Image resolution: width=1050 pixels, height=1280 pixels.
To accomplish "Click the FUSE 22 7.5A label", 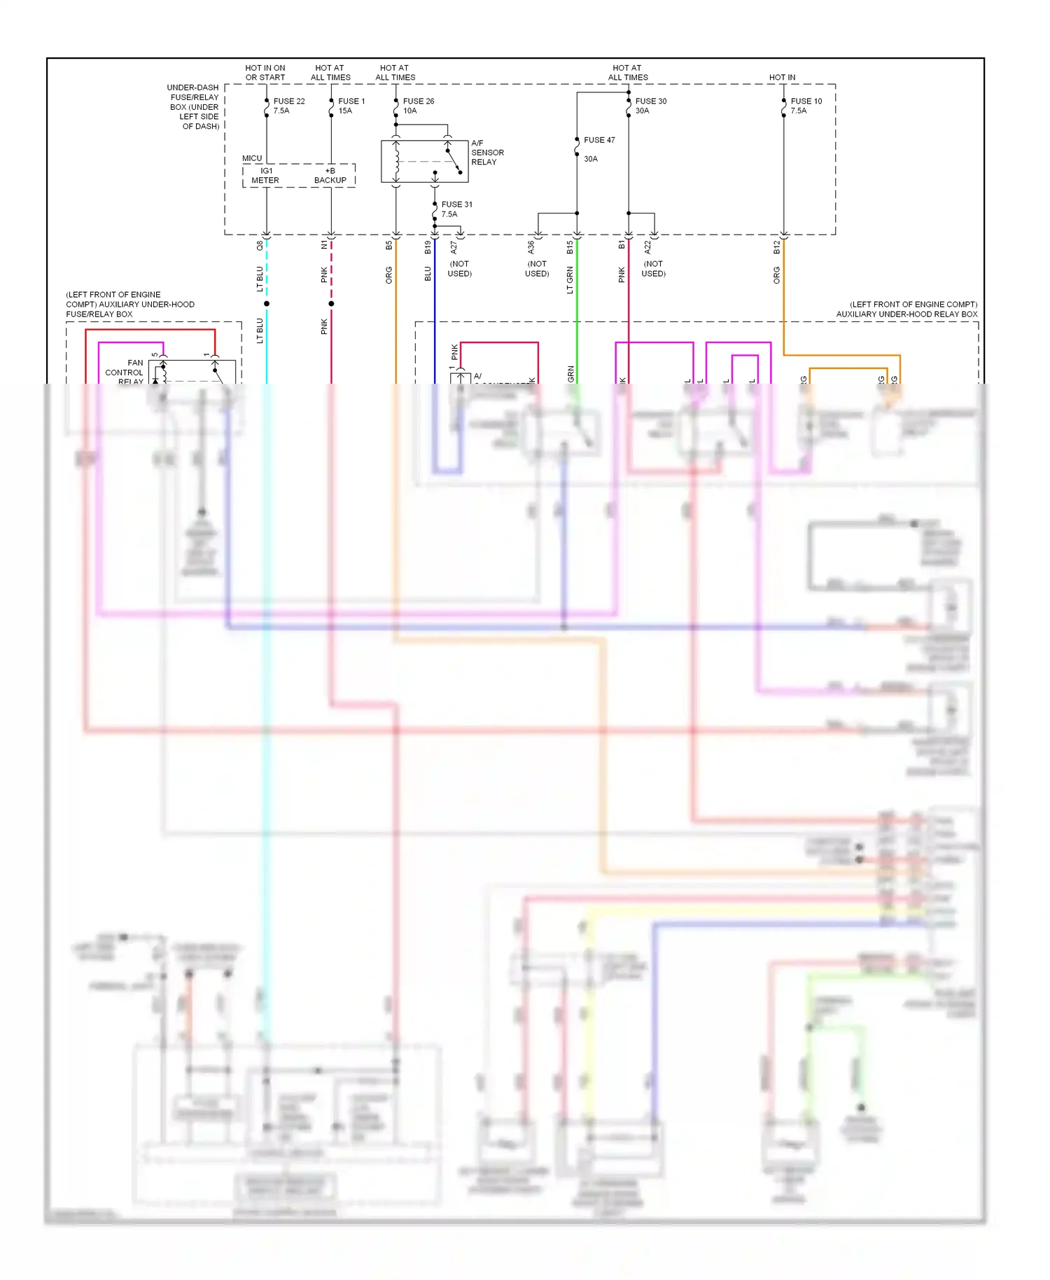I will point(288,106).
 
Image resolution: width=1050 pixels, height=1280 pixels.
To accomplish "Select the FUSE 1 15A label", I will point(351,106).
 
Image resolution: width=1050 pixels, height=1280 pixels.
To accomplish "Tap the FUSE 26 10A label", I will point(418,106).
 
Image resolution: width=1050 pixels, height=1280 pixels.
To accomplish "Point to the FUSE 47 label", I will point(599,140).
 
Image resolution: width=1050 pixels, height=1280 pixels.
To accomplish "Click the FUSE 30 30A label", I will point(650,106).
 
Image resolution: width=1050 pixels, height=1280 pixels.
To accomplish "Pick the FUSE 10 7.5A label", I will point(806,106).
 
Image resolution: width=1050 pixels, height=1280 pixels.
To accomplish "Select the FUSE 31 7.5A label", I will point(456,209).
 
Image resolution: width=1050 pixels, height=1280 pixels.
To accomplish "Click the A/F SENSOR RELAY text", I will point(487,153).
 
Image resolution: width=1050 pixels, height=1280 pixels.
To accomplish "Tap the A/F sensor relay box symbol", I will point(424,162).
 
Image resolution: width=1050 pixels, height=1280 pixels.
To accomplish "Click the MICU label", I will point(252,158).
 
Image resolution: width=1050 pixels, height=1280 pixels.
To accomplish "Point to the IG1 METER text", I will point(265,176).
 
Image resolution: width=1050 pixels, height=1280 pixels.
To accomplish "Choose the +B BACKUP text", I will point(330,176).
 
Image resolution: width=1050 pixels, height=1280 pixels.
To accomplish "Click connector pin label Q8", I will point(260,246).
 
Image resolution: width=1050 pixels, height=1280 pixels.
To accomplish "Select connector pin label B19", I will point(428,246).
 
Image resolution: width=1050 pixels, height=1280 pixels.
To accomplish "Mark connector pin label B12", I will point(776,246).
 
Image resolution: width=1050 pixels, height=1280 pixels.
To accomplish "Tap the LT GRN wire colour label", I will point(570,279).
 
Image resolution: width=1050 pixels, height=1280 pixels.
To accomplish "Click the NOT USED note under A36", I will point(537,269).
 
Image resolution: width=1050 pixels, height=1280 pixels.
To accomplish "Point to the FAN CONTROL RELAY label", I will point(125,372).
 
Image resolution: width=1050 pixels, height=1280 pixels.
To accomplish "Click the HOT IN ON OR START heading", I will point(265,73).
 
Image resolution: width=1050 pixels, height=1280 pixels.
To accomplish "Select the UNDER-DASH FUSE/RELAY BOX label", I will point(194,107).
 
